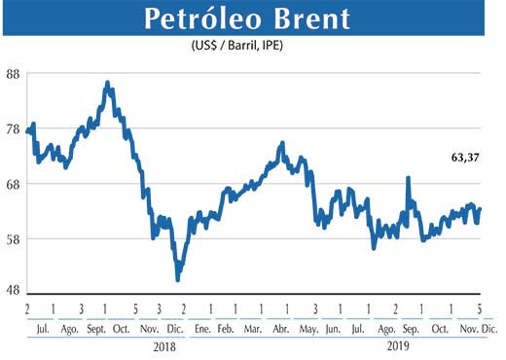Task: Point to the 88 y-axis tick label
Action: point(14,74)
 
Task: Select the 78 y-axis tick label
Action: point(14,128)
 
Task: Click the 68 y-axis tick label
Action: point(14,184)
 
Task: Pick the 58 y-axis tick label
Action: point(14,238)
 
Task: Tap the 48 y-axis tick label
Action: point(14,292)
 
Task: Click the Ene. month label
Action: point(202,330)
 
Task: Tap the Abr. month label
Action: point(283,330)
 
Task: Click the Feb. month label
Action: point(227,330)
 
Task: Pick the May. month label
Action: point(309,330)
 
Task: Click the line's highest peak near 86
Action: point(107,84)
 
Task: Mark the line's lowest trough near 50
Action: point(177,279)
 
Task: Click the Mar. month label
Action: point(255,330)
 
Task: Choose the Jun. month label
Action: point(334,330)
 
